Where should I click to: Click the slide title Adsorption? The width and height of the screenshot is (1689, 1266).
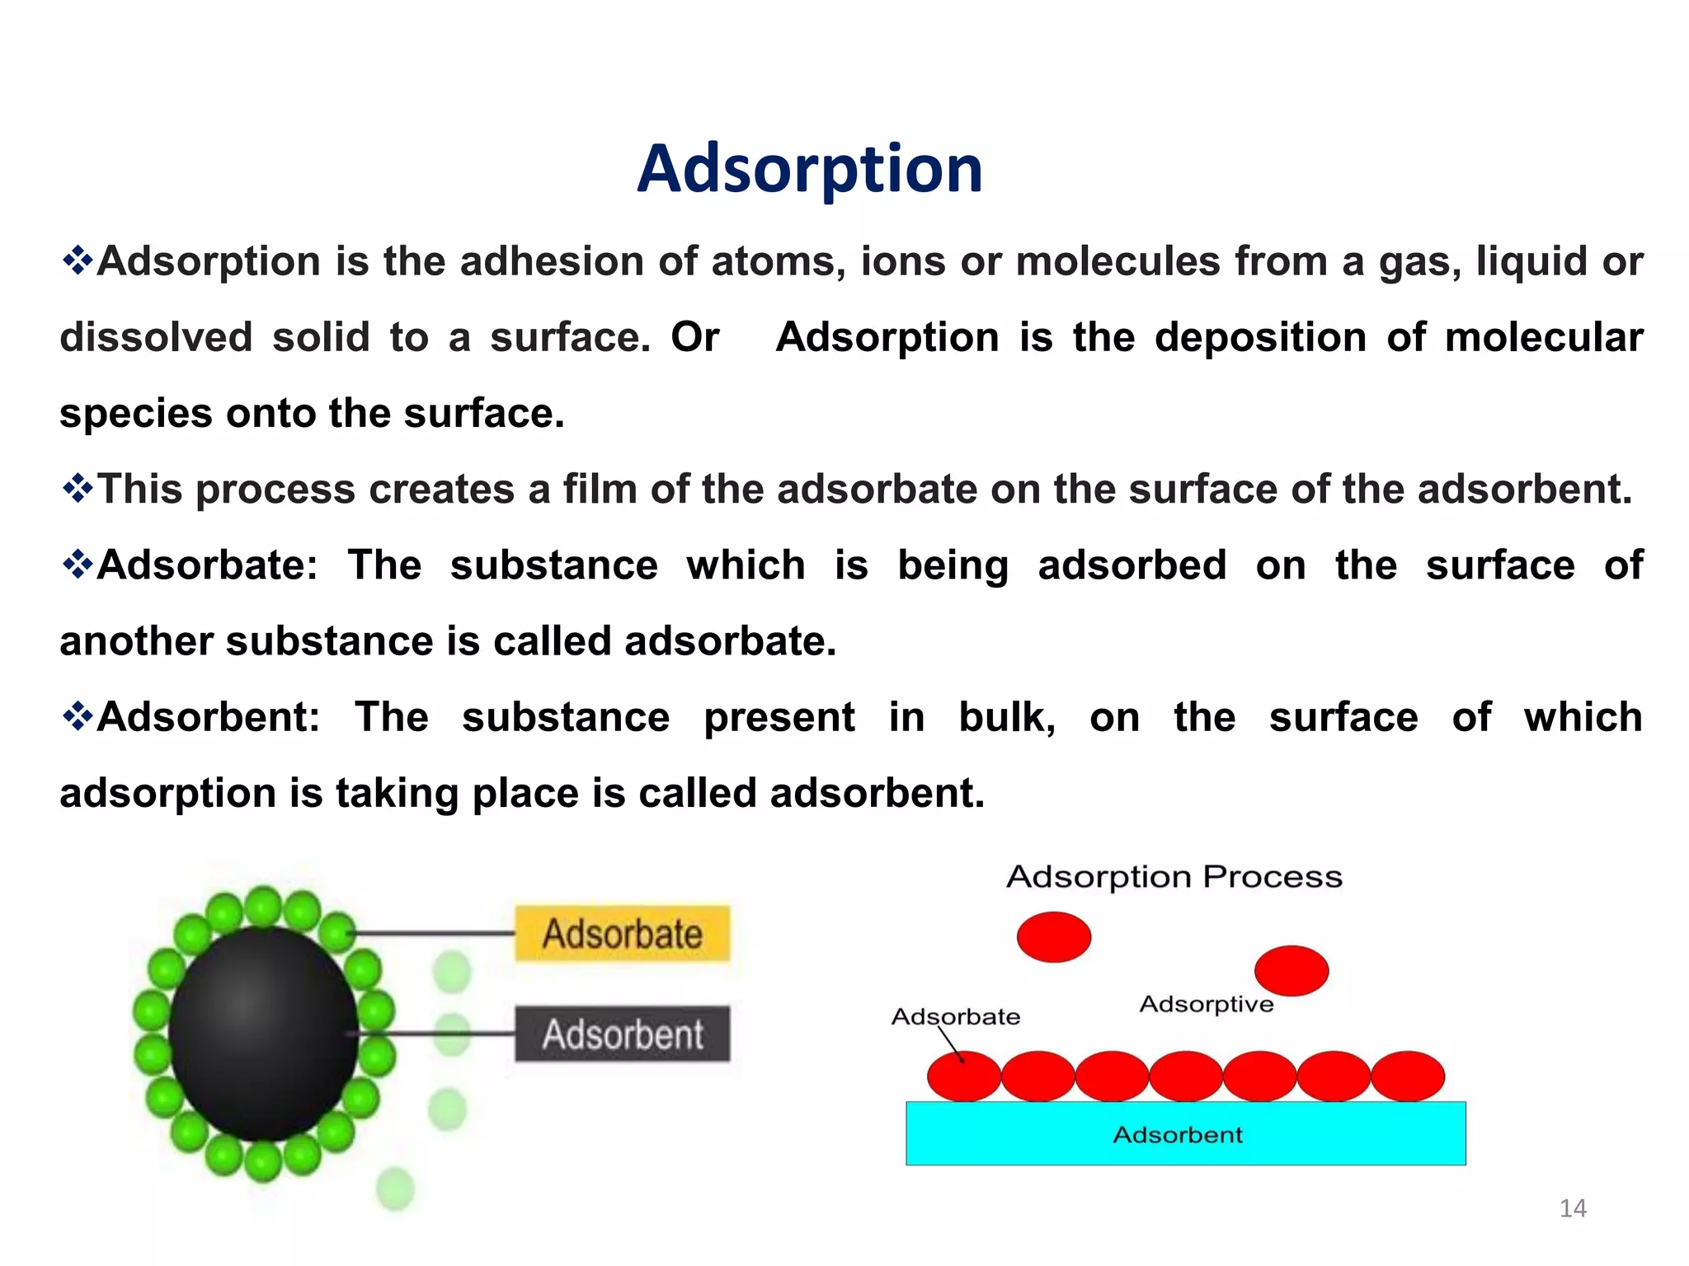[809, 169]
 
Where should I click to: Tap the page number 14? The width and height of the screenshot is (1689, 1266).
[1572, 1208]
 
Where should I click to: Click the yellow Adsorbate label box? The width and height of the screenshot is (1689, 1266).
[622, 934]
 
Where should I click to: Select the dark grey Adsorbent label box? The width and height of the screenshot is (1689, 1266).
[622, 1034]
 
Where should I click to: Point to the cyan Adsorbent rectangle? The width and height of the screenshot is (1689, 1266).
[1185, 1134]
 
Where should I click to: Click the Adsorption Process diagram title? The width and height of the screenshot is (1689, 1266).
[1174, 877]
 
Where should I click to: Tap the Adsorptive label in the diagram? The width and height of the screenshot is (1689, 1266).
[1206, 1004]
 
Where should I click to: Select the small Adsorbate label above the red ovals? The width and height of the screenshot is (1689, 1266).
[955, 1016]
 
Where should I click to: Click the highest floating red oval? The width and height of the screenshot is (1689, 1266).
[1053, 937]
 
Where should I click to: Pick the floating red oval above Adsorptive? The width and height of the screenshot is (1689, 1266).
[1291, 971]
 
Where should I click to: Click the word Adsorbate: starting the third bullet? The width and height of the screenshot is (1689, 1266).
[206, 565]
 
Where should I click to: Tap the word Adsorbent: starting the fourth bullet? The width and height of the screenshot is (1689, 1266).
[208, 717]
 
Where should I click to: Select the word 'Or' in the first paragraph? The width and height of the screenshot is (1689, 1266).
[694, 337]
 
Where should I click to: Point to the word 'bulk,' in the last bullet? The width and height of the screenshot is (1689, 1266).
[1006, 717]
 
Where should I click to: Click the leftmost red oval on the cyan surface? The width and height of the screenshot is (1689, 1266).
[963, 1076]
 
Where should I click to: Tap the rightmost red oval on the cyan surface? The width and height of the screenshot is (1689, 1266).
[1407, 1076]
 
